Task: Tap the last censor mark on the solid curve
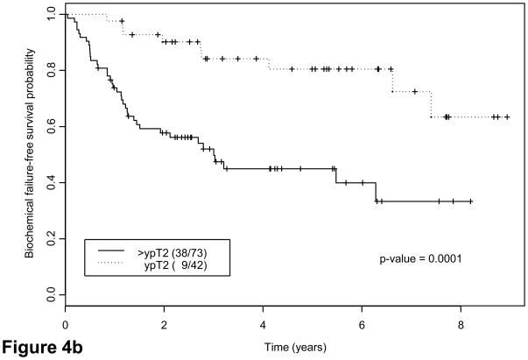click(471, 201)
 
